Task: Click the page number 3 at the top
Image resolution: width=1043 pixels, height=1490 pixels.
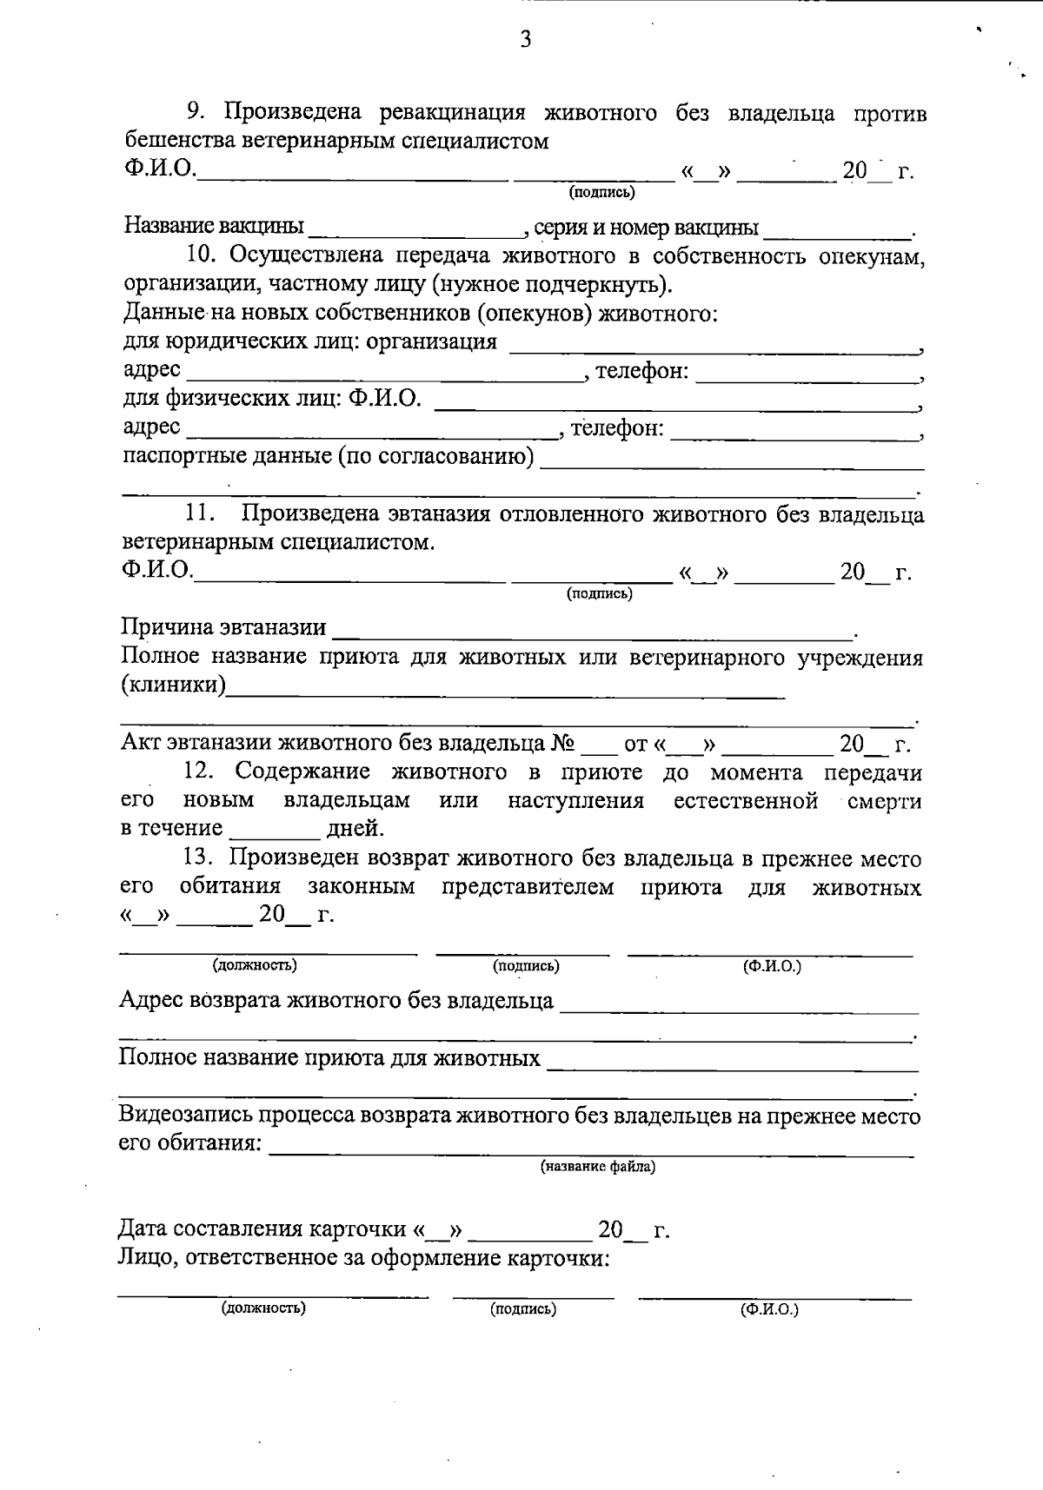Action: [525, 40]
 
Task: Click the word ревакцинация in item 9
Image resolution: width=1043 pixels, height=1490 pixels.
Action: [451, 113]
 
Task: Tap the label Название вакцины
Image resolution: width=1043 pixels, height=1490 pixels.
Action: [214, 227]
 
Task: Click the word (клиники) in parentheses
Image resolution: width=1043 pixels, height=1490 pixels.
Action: [172, 685]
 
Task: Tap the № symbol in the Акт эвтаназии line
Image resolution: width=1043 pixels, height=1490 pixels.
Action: [564, 744]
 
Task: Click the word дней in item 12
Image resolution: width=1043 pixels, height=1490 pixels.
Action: [355, 828]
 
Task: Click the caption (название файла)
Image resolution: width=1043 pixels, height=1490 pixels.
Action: [597, 1166]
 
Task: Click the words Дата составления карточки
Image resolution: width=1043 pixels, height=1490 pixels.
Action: [262, 1229]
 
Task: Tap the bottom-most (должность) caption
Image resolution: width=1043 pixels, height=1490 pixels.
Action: [263, 1307]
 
